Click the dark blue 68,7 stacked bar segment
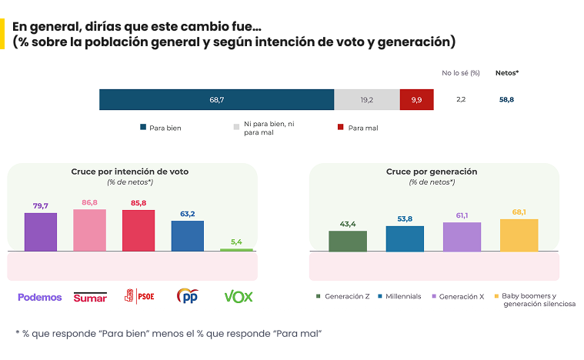tap(216, 100)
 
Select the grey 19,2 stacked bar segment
tap(366, 100)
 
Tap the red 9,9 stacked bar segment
tap(416, 100)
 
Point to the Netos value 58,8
tap(508, 100)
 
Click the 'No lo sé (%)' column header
tap(461, 73)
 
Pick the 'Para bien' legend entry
tap(161, 128)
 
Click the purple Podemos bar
tap(41, 232)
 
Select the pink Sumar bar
tap(89, 230)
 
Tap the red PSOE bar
tap(138, 230)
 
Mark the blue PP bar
tap(187, 236)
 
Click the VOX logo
tap(238, 297)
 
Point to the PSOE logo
tap(138, 297)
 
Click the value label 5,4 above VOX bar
tap(236, 242)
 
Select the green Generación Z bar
tap(348, 241)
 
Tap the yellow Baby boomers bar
tap(519, 235)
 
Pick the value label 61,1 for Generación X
tap(462, 215)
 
